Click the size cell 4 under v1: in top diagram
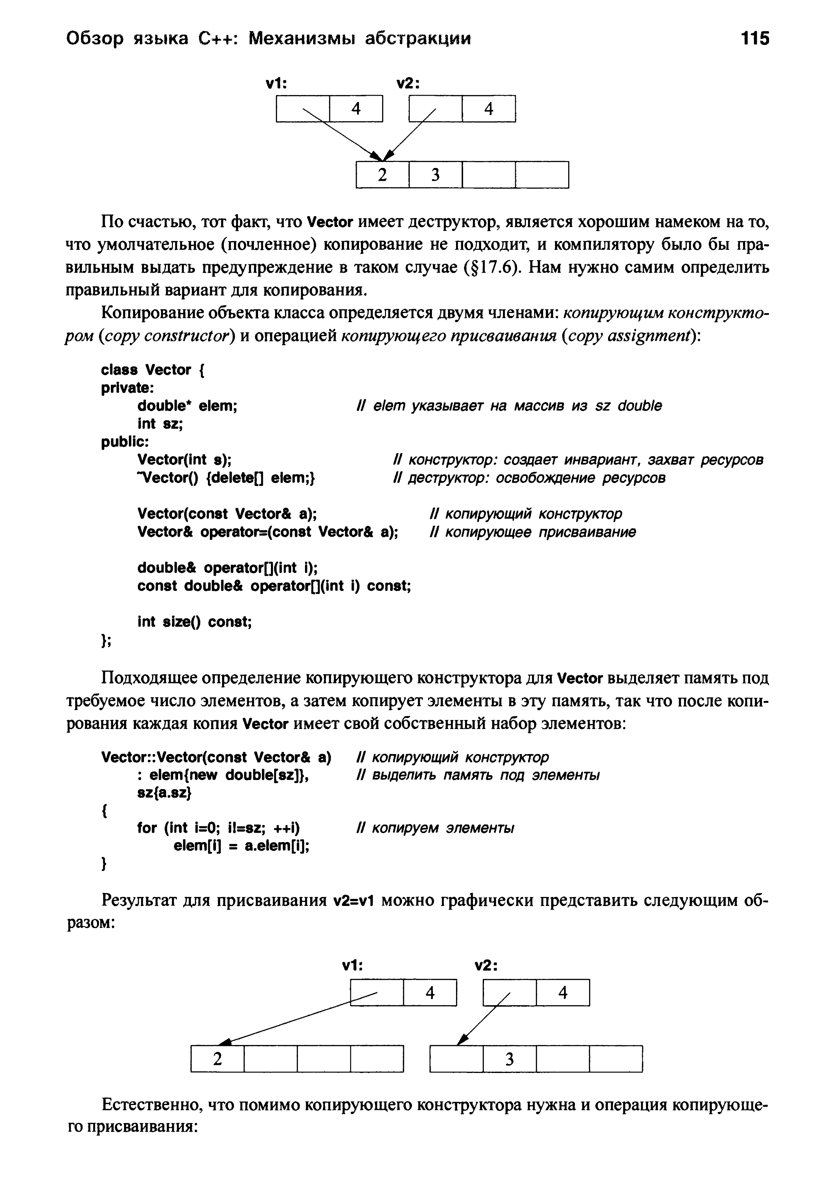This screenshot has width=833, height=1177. [356, 109]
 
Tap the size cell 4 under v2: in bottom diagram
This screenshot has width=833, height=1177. [563, 993]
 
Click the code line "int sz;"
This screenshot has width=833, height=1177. [160, 424]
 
